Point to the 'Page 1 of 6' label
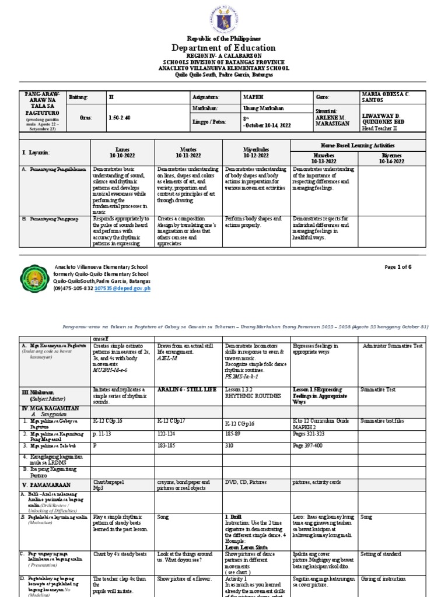[398, 267]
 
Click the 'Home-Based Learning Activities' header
[358, 145]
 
